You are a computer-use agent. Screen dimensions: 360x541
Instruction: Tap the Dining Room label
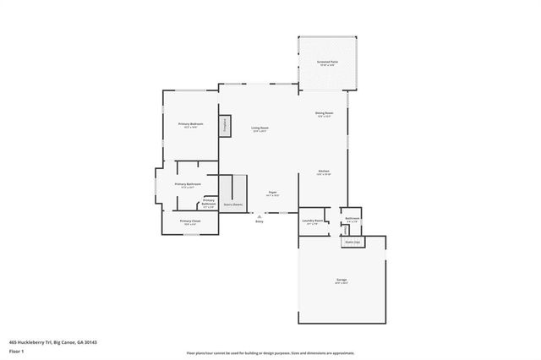325,112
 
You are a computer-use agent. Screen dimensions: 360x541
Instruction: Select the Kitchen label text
323,171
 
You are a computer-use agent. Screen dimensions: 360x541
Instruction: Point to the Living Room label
259,128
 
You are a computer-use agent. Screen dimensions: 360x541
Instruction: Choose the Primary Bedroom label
190,124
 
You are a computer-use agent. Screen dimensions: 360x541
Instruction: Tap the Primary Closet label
190,221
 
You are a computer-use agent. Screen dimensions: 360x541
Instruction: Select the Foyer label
273,192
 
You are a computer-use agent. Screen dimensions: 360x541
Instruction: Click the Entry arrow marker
259,215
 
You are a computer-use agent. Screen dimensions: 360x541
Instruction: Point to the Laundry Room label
313,221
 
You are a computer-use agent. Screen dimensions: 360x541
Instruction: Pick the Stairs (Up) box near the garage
352,242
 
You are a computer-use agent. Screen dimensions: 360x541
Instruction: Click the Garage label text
342,280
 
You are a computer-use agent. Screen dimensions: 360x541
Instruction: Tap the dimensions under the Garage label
342,284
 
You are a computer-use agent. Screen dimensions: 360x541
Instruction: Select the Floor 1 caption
16,350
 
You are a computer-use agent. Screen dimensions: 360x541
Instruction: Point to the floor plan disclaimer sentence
270,353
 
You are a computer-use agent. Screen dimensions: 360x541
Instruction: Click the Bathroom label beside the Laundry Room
352,219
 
